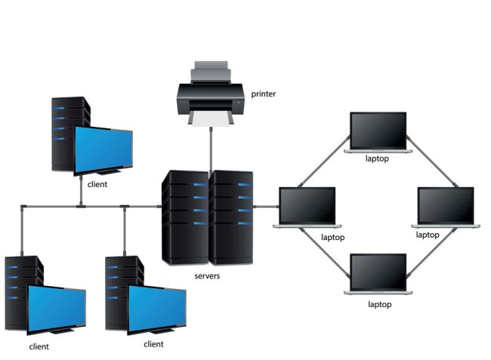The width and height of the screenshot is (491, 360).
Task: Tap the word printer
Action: (264, 94)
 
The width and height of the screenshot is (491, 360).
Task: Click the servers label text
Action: (207, 277)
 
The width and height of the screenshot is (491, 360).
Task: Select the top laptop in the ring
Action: (378, 132)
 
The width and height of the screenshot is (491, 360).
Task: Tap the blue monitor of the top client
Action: (103, 149)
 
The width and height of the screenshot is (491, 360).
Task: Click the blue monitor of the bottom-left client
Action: (57, 309)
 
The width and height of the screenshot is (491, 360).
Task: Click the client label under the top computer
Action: (97, 183)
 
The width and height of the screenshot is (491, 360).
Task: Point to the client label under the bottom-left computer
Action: (39, 347)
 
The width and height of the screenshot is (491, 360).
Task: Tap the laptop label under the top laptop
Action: (376, 158)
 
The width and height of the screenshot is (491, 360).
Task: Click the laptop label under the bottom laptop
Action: (378, 305)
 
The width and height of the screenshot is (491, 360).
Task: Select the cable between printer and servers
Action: (211, 147)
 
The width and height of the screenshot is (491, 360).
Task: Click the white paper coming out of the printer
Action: (209, 120)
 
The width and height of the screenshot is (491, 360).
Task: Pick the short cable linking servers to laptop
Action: (266, 205)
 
